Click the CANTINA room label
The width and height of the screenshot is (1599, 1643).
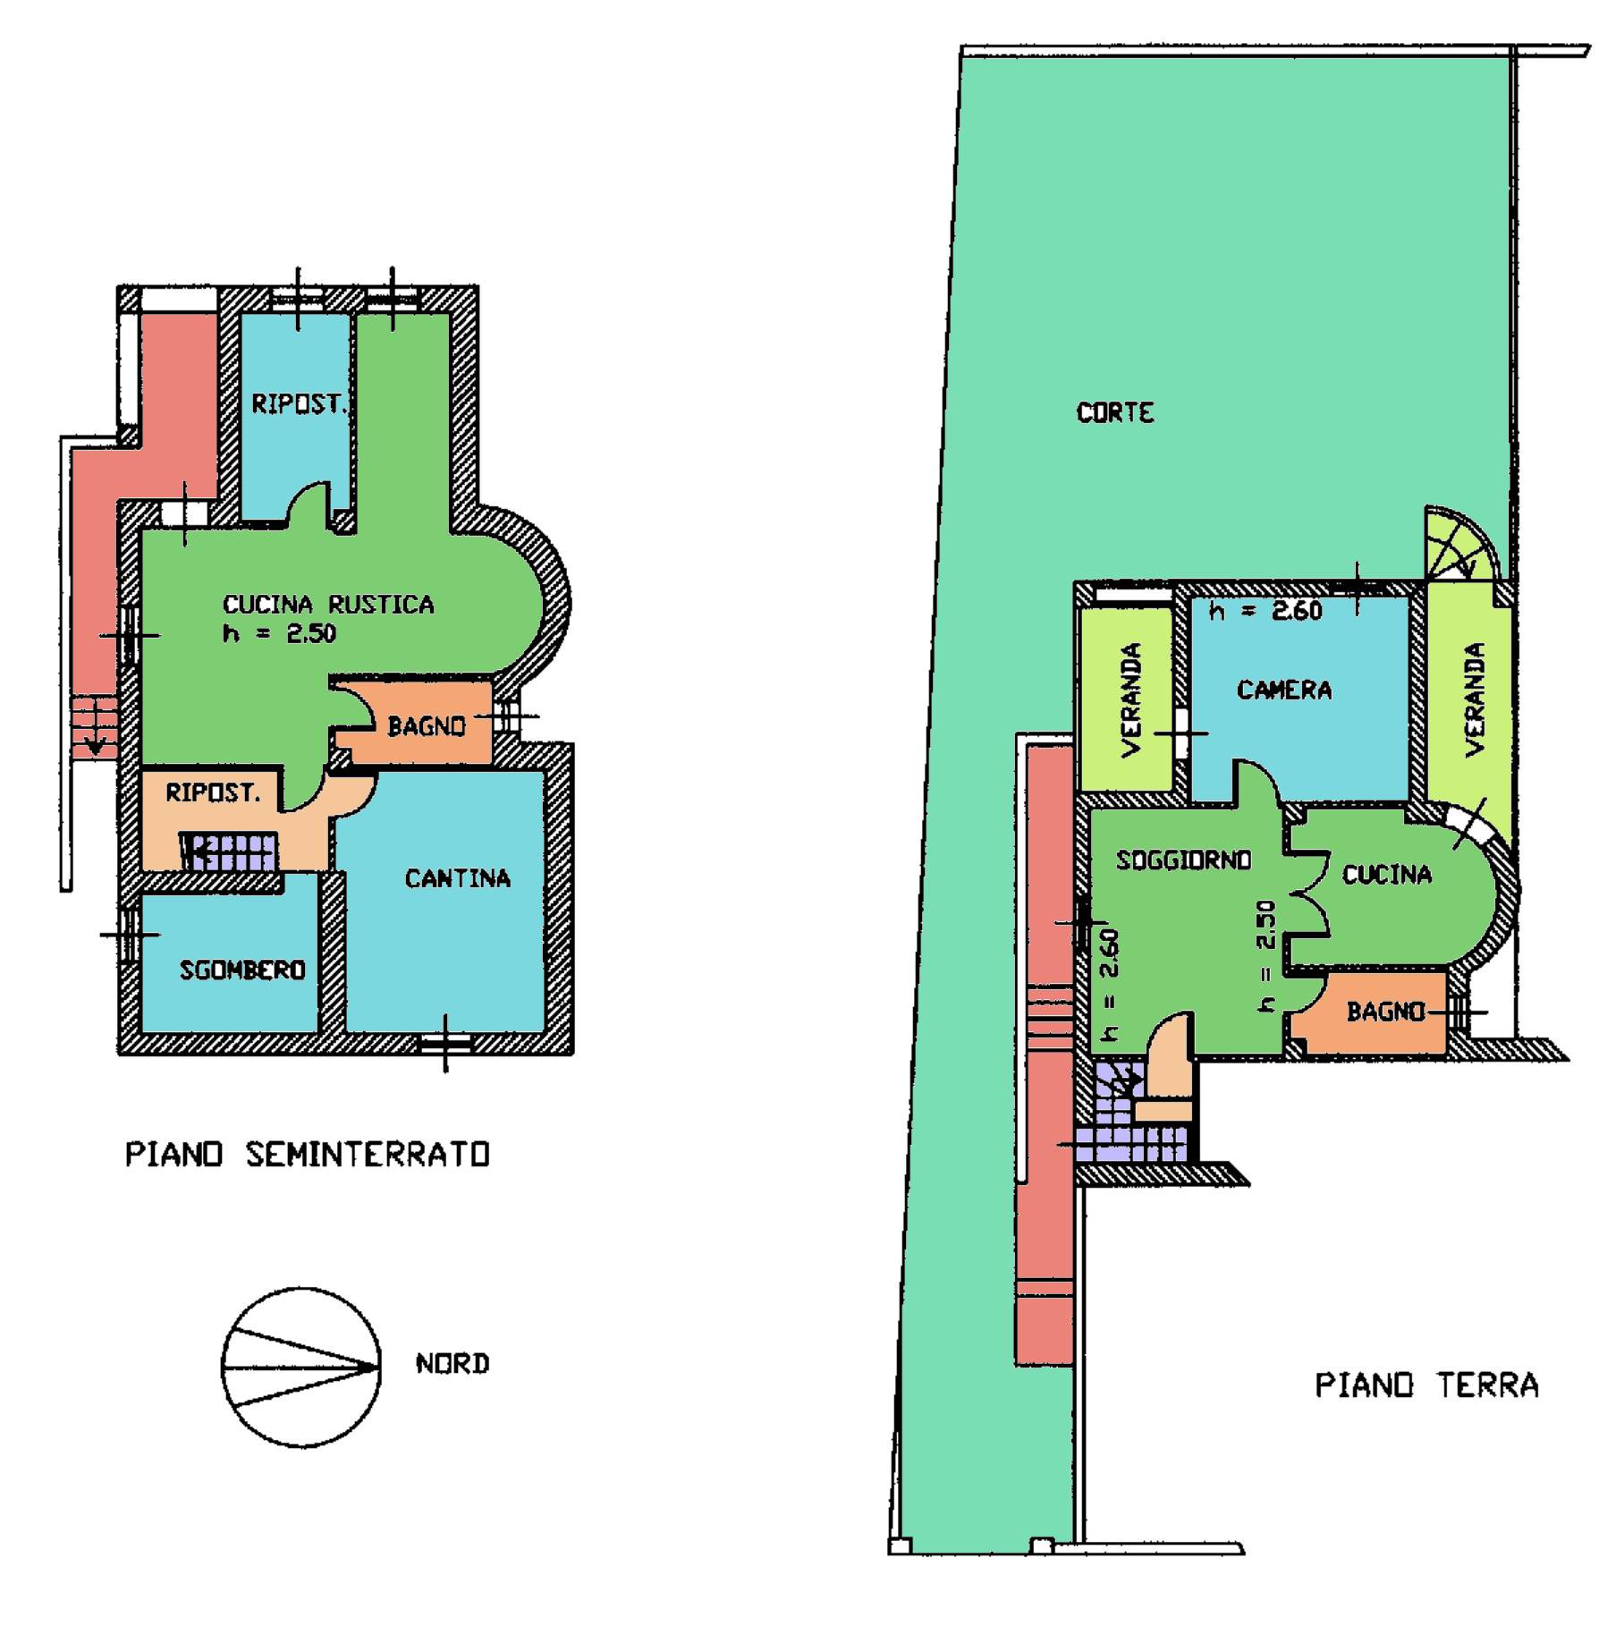click(457, 878)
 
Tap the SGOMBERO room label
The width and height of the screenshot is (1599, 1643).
click(242, 970)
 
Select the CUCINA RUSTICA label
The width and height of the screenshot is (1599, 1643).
click(328, 605)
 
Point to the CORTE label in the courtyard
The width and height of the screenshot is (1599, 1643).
click(1115, 412)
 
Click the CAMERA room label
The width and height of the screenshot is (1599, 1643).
click(1284, 690)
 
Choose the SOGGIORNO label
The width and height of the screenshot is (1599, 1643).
click(1183, 860)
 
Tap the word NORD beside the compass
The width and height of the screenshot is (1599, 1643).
click(453, 1363)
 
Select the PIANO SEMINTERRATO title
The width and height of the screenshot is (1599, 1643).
click(308, 1154)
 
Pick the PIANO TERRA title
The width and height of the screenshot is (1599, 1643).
click(1426, 1385)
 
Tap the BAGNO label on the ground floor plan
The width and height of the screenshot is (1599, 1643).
click(1385, 1012)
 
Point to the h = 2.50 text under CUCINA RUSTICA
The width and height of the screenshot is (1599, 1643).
click(279, 633)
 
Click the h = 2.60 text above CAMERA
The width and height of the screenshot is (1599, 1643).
click(1265, 611)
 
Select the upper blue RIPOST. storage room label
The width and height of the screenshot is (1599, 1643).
click(298, 404)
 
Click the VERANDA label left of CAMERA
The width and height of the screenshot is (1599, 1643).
click(1131, 699)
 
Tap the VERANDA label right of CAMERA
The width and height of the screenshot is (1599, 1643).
click(1475, 699)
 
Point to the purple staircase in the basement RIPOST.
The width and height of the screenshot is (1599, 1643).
click(230, 851)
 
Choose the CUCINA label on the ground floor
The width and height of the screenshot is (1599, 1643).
click(1386, 874)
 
